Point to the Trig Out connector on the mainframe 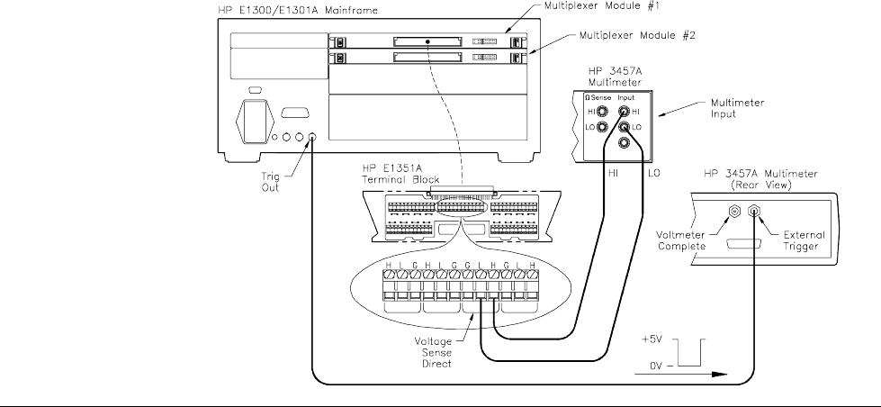tap(311, 139)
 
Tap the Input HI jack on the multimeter tap(624, 111)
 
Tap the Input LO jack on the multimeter tap(624, 129)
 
